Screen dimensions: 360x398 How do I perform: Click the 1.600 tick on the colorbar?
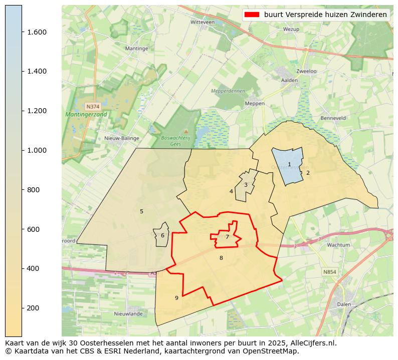[22, 32]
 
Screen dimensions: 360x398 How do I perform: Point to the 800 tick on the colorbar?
[22, 190]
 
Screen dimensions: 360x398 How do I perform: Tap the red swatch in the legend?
[252, 15]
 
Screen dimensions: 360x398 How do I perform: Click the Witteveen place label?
[203, 23]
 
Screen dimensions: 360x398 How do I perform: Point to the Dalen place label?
[344, 304]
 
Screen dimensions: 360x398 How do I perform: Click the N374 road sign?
[93, 107]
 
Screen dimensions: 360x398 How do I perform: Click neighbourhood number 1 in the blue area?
[289, 164]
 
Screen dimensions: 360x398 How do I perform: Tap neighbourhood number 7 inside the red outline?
[227, 237]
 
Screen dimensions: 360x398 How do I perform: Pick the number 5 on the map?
[141, 211]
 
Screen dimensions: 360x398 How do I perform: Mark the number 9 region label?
[176, 298]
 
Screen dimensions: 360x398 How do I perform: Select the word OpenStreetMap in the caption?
[273, 351]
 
